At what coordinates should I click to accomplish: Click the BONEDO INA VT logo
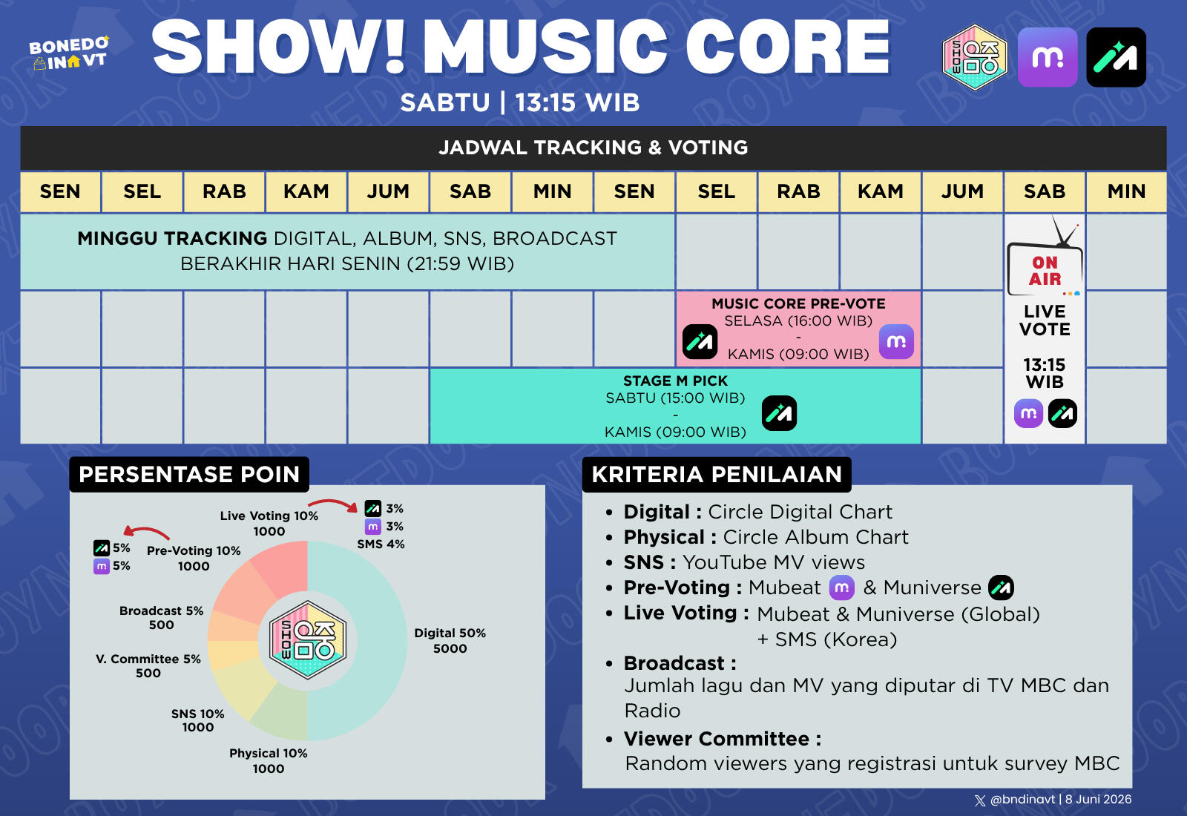click(69, 53)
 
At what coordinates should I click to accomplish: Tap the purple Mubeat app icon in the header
click(1048, 57)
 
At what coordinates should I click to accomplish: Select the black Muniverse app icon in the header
click(1116, 57)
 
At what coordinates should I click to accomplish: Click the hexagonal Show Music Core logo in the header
click(975, 57)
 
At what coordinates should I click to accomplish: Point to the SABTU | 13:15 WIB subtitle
click(520, 102)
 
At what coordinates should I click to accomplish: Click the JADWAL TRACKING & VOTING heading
click(593, 148)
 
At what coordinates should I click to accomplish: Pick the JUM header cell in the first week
click(388, 191)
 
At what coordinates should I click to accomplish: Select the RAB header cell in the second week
click(798, 191)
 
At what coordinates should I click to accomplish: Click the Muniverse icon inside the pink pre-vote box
click(700, 342)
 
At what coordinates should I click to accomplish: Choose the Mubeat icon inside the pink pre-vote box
click(897, 342)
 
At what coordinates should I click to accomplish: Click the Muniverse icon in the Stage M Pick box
click(780, 413)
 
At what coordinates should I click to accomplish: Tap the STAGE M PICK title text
click(675, 381)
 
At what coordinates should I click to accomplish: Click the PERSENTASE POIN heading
click(189, 474)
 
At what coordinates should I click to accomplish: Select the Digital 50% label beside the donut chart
click(450, 634)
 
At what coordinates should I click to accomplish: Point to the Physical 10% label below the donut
click(268, 754)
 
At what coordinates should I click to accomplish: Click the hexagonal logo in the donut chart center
click(307, 640)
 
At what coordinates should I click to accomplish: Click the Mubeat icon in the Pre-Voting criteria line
click(841, 588)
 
